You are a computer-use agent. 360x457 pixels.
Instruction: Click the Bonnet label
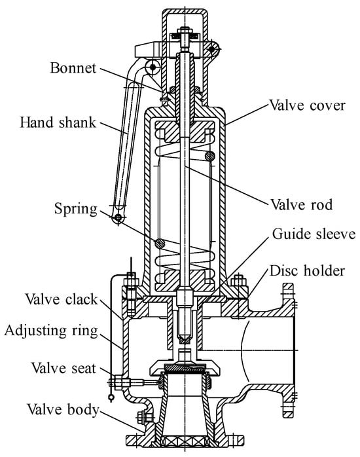pyautogui.click(x=73, y=68)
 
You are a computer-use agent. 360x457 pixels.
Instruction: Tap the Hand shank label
pyautogui.click(x=58, y=122)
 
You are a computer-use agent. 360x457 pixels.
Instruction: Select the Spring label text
pyautogui.click(x=76, y=210)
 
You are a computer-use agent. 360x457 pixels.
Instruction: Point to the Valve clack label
pyautogui.click(x=61, y=299)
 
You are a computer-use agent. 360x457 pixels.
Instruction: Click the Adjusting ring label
pyautogui.click(x=51, y=331)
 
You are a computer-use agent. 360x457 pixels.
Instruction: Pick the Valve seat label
pyautogui.click(x=63, y=368)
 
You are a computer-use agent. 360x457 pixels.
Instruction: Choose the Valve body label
pyautogui.click(x=63, y=409)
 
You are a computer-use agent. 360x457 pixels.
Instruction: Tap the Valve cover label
pyautogui.click(x=307, y=105)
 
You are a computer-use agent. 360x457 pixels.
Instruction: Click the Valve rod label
pyautogui.click(x=302, y=204)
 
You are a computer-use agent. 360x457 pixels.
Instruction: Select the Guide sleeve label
pyautogui.click(x=314, y=234)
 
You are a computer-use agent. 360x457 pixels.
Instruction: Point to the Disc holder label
pyautogui.click(x=307, y=271)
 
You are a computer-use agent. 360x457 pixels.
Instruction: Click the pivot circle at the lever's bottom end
pyautogui.click(x=118, y=217)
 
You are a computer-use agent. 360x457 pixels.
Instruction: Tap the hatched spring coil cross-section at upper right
pyautogui.click(x=209, y=156)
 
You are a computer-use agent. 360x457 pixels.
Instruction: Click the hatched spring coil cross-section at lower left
pyautogui.click(x=160, y=244)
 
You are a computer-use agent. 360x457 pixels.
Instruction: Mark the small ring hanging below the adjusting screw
pyautogui.click(x=111, y=397)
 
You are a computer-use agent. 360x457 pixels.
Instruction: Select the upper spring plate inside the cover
pyautogui.click(x=185, y=132)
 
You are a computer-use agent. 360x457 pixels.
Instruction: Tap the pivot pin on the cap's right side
pyautogui.click(x=212, y=49)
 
